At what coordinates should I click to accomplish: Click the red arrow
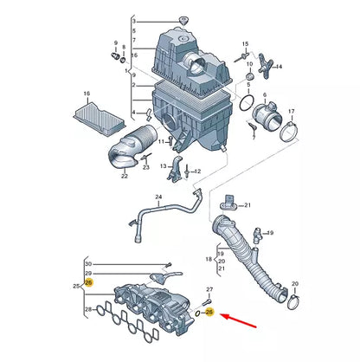239,320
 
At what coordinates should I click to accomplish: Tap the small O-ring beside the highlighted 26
198,314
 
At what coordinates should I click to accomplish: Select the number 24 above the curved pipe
158,197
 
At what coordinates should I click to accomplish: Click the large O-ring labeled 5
247,102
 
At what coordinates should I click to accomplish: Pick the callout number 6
265,94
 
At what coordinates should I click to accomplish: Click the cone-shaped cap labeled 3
183,21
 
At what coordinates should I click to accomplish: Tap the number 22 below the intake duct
125,176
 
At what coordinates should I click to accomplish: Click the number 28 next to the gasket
88,309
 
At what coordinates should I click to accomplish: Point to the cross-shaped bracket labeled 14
265,66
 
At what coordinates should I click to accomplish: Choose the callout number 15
245,44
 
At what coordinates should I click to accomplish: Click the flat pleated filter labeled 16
99,119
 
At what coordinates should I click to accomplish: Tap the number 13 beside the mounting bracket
164,166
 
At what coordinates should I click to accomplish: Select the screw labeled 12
187,171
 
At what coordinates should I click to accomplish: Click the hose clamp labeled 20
293,301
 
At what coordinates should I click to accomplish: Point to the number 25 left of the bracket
76,287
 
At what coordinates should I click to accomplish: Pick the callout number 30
88,264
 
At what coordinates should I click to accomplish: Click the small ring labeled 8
122,60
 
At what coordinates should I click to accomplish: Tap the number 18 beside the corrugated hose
209,259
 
